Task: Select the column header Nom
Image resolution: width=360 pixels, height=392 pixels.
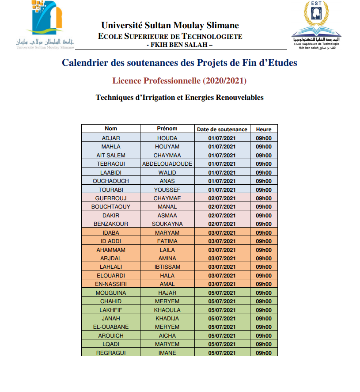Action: point(111,129)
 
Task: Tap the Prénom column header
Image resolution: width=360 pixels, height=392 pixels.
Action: point(167,129)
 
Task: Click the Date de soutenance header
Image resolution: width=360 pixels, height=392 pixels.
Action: point(222,129)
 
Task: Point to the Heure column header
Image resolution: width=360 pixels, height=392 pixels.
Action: point(264,129)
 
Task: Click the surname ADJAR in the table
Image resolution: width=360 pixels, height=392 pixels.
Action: point(111,138)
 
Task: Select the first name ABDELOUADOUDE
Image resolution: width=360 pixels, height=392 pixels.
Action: point(167,164)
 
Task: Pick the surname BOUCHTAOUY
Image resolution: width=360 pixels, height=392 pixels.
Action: point(111,206)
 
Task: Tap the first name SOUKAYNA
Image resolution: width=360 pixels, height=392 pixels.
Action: point(167,224)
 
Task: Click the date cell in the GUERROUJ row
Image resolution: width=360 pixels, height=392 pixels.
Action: point(222,198)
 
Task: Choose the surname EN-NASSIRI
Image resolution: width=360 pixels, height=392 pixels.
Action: point(111,284)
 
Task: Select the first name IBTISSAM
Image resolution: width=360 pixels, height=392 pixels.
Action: point(167,266)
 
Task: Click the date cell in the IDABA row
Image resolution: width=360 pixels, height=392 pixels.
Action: point(222,232)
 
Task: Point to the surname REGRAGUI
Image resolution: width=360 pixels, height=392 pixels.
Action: point(111,353)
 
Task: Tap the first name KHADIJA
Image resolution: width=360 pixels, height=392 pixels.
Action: point(167,318)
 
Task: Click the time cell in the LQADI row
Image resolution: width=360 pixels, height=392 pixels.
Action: point(264,344)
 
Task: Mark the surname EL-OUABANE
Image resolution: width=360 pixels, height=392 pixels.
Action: point(111,327)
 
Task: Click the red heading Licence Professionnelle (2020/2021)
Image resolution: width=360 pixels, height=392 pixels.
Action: point(179,81)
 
